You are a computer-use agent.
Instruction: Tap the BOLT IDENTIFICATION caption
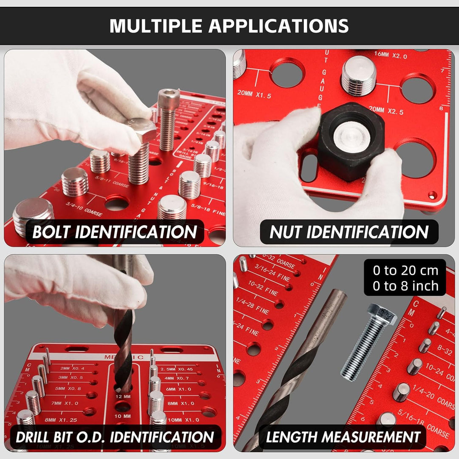115,232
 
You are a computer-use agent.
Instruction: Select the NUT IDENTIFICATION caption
349,232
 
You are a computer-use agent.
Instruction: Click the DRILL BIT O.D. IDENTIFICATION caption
115,437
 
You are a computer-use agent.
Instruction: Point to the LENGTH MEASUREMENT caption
343,437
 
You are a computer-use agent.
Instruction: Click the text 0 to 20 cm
405,270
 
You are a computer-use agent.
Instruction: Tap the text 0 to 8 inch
405,286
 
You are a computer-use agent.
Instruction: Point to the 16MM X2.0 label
390,54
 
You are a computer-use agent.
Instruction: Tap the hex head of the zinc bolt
381,314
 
